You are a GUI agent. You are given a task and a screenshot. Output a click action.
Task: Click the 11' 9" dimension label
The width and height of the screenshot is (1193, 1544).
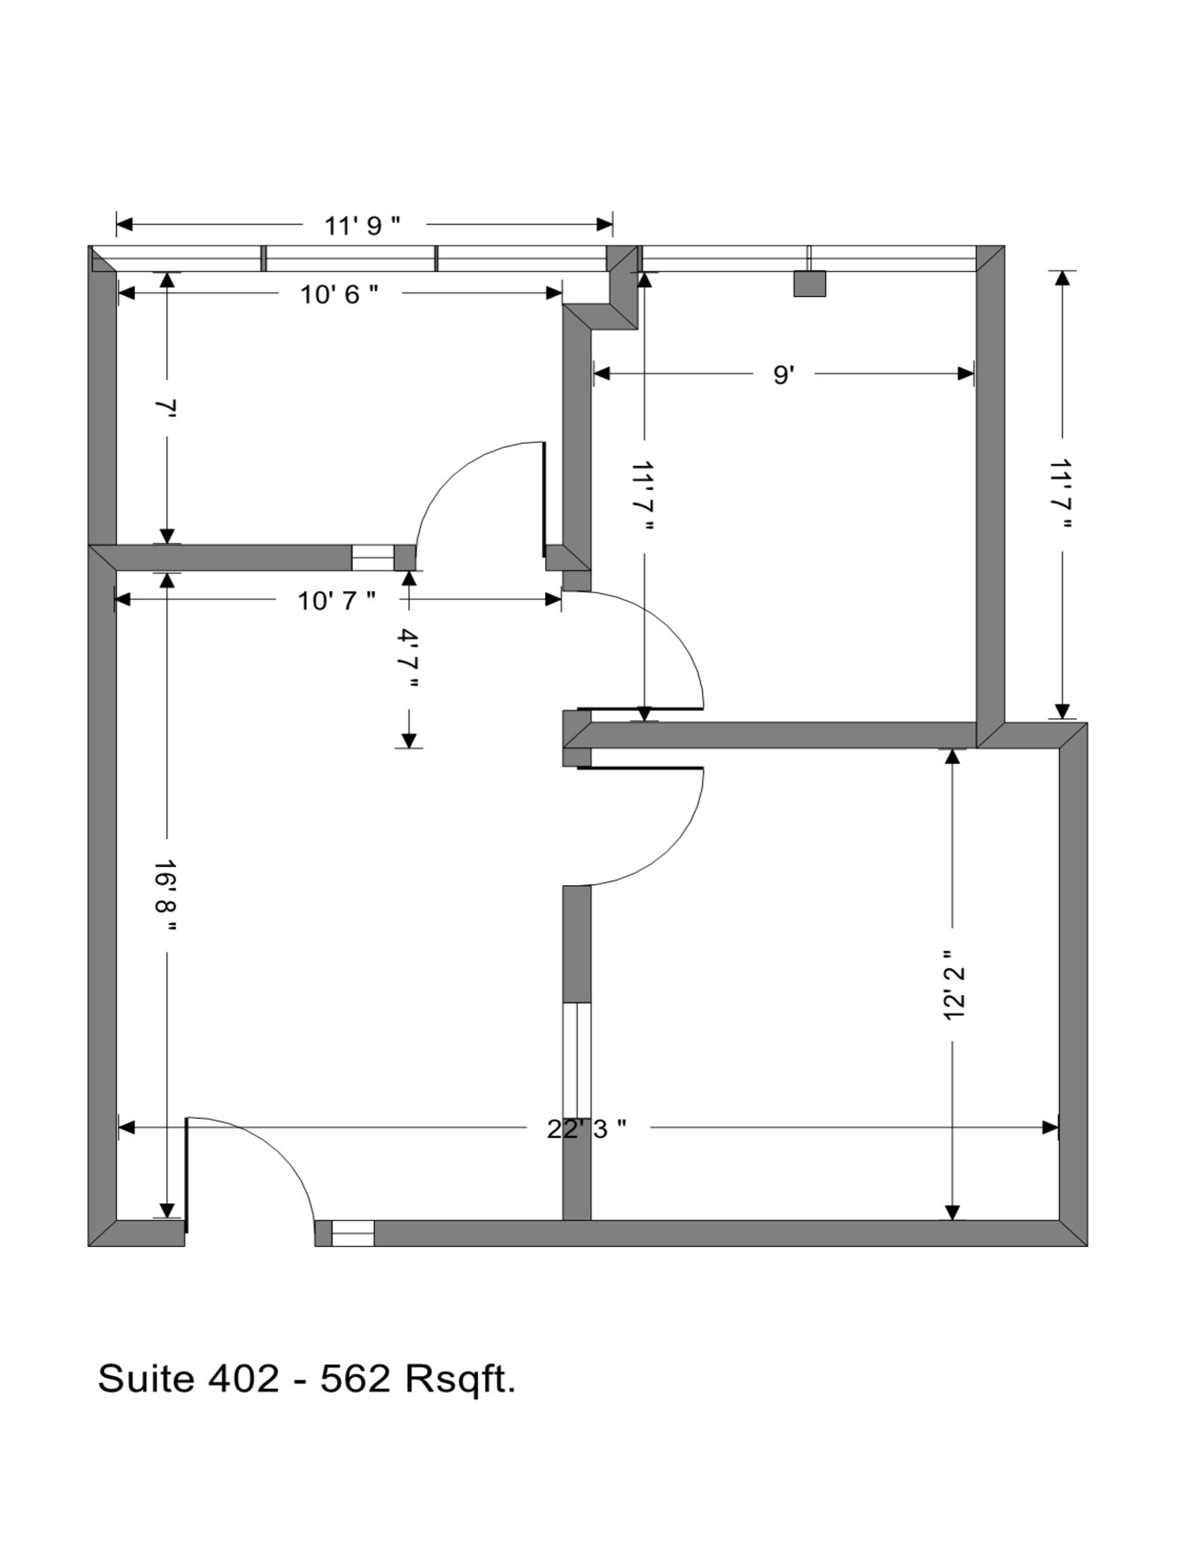(362, 225)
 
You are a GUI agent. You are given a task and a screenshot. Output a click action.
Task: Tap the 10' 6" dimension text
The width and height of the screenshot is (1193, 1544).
(339, 294)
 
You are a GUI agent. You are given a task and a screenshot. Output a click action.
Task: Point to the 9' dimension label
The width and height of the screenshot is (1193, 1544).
(784, 375)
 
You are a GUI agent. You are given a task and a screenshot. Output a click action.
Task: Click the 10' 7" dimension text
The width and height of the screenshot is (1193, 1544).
(336, 601)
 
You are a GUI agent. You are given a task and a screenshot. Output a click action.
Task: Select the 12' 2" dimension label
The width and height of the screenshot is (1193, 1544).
(953, 985)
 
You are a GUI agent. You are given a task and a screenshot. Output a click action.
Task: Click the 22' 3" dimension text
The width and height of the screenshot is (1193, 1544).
(586, 1129)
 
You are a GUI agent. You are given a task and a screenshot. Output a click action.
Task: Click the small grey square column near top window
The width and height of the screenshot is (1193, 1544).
(809, 283)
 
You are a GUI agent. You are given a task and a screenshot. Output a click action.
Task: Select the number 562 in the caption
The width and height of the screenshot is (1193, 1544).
(355, 1379)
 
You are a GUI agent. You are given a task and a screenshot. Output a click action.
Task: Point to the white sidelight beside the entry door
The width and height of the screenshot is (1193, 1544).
(353, 1233)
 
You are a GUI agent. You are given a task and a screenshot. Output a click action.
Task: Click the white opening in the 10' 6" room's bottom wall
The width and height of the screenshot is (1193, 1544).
(372, 558)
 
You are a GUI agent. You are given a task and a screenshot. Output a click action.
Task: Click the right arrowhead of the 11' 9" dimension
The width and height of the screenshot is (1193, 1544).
(604, 224)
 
